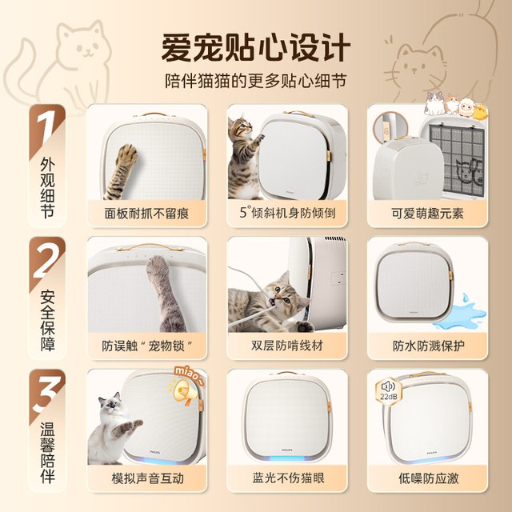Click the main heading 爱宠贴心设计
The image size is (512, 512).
click(256, 48)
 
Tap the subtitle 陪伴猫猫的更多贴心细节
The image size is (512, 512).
click(255, 81)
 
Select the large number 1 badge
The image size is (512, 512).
click(46, 128)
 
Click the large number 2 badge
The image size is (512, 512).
click(48, 261)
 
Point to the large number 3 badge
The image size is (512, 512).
click(46, 394)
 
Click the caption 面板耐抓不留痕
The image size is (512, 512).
click(146, 214)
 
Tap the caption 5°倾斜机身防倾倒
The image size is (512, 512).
click(287, 213)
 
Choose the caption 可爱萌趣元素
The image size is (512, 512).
click(427, 214)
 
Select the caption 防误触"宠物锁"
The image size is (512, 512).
click(147, 346)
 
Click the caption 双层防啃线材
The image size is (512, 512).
click(287, 346)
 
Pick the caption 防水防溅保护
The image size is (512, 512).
click(428, 346)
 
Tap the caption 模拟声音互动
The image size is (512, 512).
click(147, 478)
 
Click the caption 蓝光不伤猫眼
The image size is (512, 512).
click(288, 478)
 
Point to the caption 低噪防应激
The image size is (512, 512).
click(429, 478)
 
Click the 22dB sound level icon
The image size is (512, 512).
click(389, 391)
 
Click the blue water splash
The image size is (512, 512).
click(460, 314)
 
